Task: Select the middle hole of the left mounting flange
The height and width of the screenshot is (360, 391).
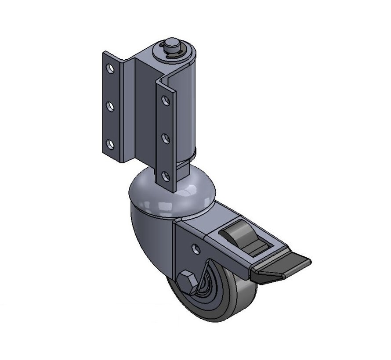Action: [x=110, y=106]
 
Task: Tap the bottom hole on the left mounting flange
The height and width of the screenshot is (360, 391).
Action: [x=110, y=144]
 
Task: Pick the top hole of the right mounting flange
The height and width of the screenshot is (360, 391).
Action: [x=165, y=101]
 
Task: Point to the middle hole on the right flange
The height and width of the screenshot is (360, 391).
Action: [x=165, y=139]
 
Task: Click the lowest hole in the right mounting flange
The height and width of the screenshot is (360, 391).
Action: [x=165, y=176]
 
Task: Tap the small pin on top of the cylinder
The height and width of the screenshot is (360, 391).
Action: [x=171, y=46]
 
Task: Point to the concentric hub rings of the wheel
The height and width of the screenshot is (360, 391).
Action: [x=211, y=290]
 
